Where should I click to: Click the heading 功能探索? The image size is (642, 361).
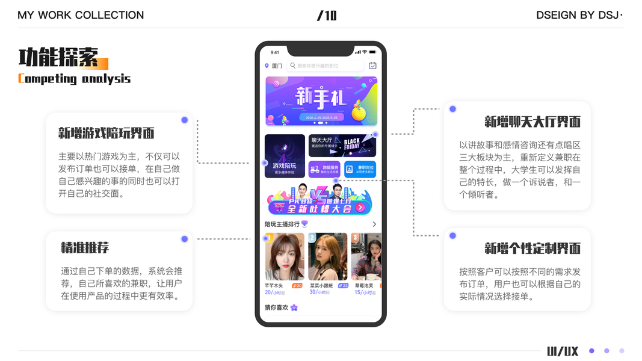[58, 58]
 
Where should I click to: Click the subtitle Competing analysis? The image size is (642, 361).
[74, 79]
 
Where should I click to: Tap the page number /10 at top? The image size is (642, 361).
[327, 16]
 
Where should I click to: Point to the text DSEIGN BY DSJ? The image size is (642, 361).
[579, 16]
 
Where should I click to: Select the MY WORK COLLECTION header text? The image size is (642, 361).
[81, 16]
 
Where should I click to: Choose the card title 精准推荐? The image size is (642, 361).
[85, 247]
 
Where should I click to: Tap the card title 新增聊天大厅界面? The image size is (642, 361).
[532, 122]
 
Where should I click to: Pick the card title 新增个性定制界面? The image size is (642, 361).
[532, 248]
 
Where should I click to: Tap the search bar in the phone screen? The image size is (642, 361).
[325, 66]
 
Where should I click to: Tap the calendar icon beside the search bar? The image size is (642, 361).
[372, 66]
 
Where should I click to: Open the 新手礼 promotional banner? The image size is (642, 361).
[321, 101]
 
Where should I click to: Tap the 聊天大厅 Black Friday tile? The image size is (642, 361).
[342, 146]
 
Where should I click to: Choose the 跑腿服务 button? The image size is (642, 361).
[325, 169]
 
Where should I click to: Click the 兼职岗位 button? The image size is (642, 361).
[360, 169]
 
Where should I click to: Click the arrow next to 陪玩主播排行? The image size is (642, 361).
[374, 224]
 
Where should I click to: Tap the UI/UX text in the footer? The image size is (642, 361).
[563, 351]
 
